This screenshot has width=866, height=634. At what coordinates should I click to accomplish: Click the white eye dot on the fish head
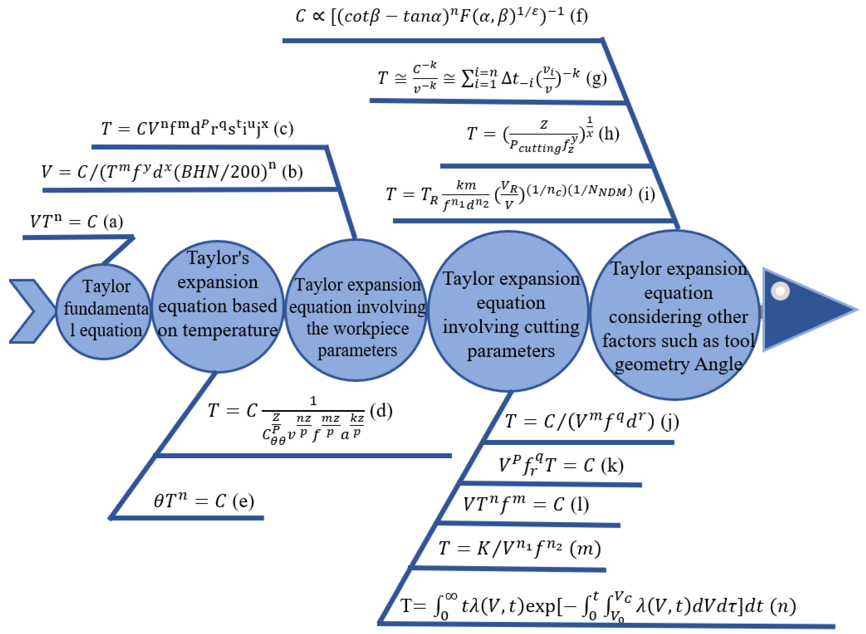coord(780,291)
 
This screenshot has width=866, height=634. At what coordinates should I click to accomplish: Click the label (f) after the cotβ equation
coord(579,16)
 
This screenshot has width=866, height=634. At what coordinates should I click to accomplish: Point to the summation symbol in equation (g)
coord(467,79)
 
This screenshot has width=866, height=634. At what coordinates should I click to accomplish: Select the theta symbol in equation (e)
coord(159,501)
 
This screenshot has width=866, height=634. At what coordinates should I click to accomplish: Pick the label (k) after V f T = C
coord(612,466)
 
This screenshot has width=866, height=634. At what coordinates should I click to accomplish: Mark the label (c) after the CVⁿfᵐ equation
coord(284,129)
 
